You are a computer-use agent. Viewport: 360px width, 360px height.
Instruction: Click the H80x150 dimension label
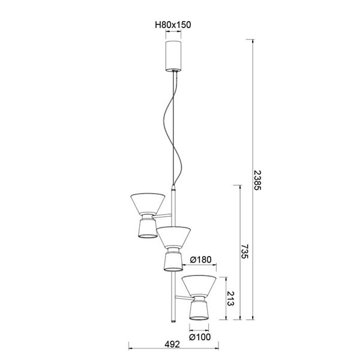point(173,25)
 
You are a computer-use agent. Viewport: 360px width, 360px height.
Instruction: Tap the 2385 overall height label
point(257,179)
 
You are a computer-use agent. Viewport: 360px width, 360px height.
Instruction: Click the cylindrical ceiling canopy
point(173,55)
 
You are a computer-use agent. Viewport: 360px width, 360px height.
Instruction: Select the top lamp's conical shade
point(148,203)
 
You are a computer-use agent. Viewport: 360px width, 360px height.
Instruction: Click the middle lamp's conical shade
point(174,236)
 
